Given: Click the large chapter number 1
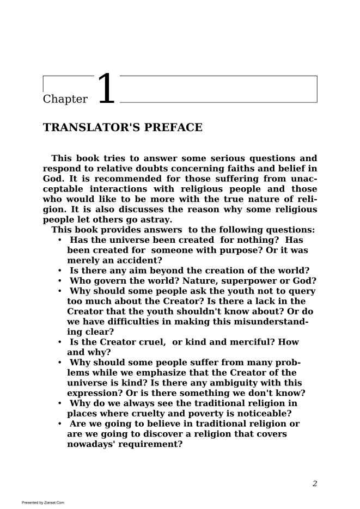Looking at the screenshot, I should click(x=106, y=89).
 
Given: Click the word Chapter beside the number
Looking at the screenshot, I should click(x=65, y=99).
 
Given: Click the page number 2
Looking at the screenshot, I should click(x=315, y=483).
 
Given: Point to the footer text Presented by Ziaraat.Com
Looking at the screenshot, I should click(x=43, y=502).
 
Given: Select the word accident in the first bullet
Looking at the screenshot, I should click(x=138, y=261).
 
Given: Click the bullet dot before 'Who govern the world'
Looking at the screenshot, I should click(x=59, y=281).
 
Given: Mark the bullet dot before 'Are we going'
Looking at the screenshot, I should click(x=59, y=424).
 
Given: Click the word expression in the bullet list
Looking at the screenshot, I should click(x=93, y=393).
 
